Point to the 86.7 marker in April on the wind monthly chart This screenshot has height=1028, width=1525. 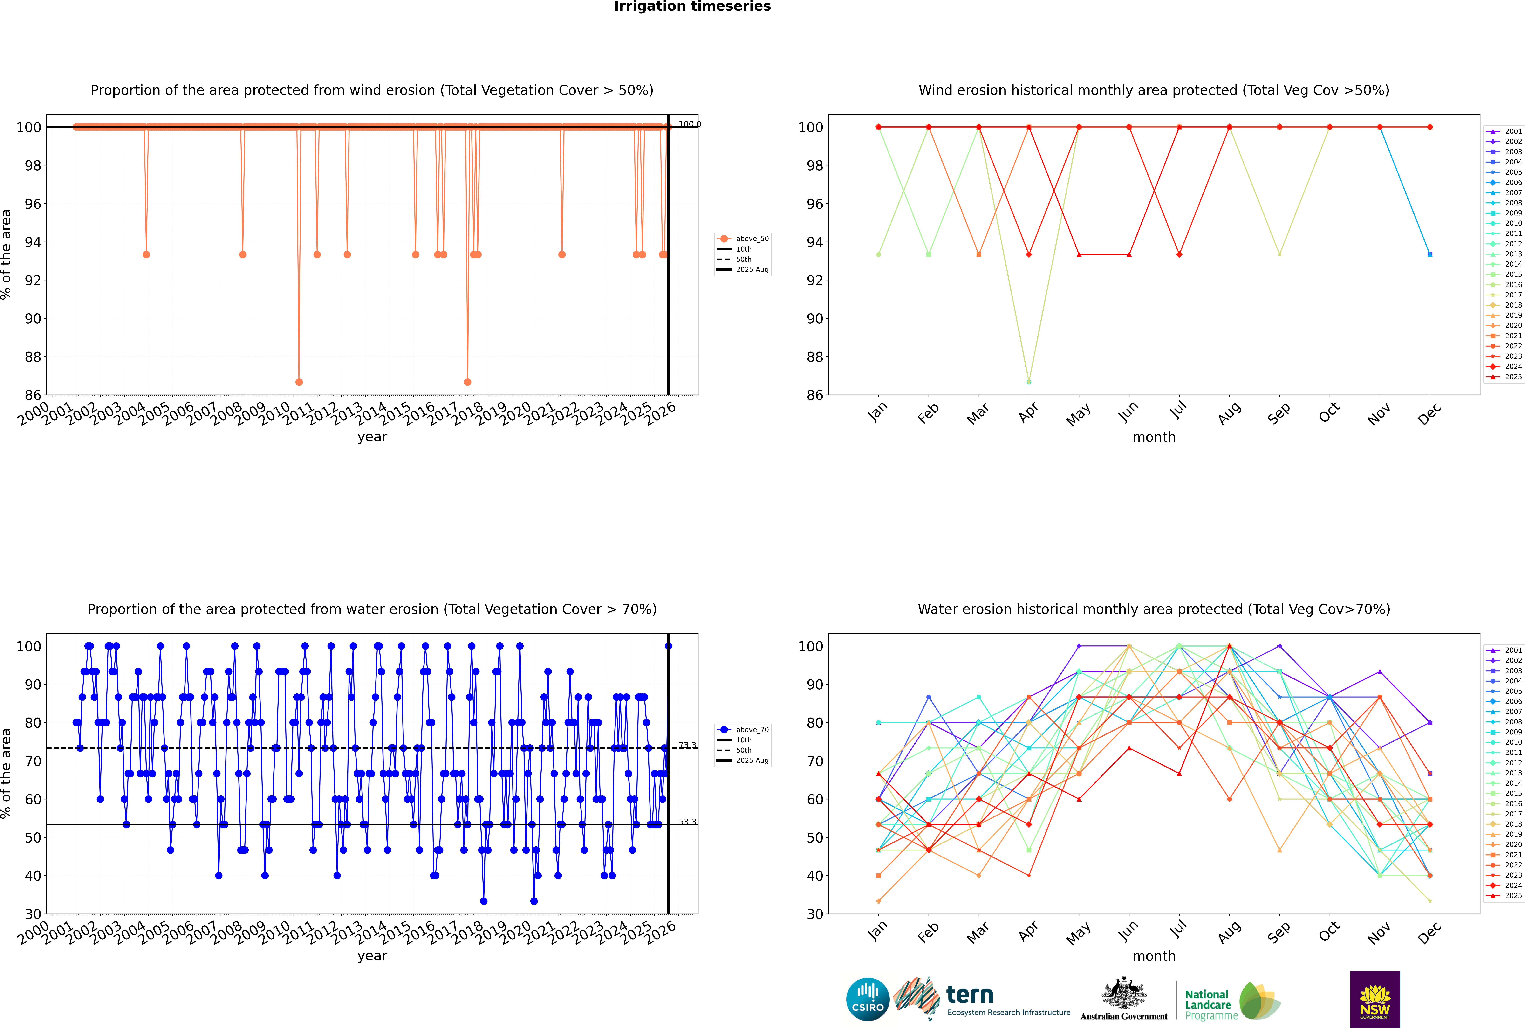click(1029, 382)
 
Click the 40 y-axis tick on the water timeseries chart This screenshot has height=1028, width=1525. click(33, 876)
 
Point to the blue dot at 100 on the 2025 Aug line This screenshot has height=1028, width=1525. click(668, 646)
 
